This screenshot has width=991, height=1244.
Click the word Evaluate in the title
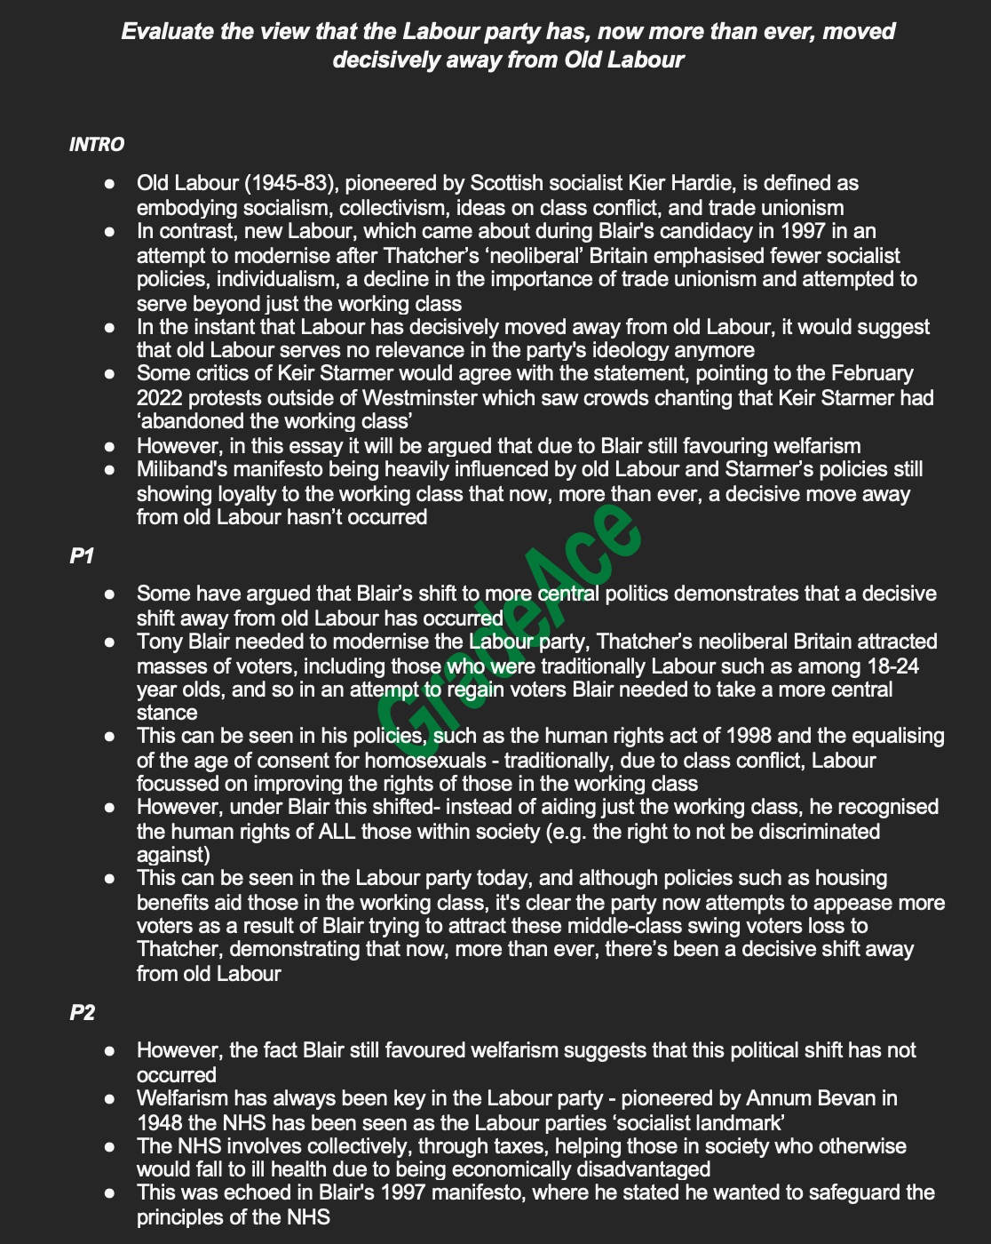166,32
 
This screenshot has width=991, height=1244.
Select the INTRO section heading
97,145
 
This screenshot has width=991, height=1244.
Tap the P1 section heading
83,556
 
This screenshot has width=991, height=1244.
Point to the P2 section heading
83,1013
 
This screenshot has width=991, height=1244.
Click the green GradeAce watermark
506,622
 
